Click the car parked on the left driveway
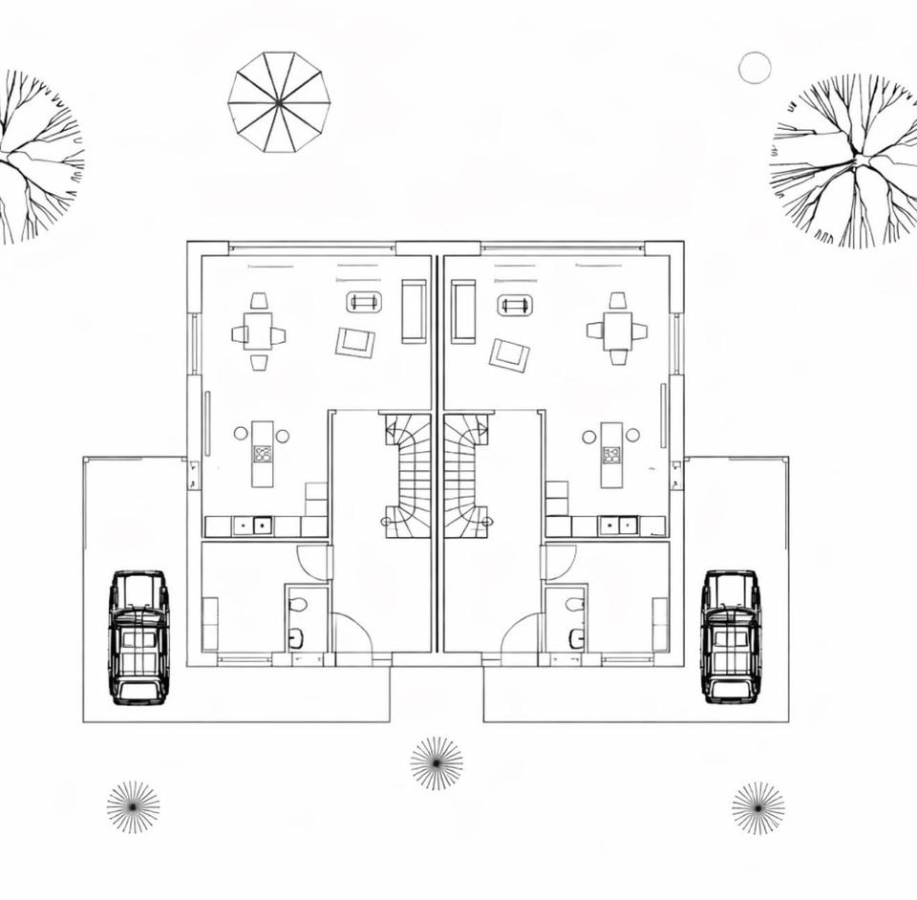pos(139,637)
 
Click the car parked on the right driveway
pos(731,636)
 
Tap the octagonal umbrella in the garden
pos(279,102)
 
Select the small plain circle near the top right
pos(755,68)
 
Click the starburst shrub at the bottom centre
pos(437,763)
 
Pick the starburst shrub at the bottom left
pos(133,807)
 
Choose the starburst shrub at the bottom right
pos(758,808)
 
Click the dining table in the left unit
pos(258,332)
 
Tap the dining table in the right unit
pos(617,330)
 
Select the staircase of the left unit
pos(409,475)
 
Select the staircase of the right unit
pos(466,475)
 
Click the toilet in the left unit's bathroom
pos(298,605)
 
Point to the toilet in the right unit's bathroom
pos(574,605)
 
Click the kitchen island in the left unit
pos(263,454)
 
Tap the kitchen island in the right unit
pos(611,455)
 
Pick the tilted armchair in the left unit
pos(355,342)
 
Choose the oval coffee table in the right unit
pos(515,306)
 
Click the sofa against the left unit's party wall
pos(414,311)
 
